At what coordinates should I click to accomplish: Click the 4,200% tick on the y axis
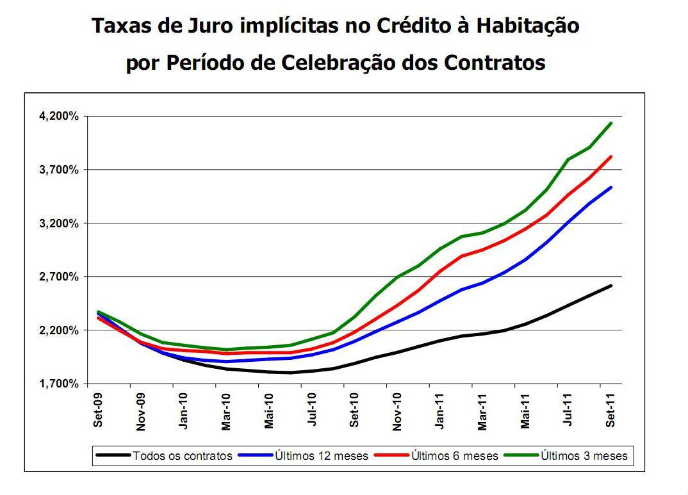pyautogui.click(x=60, y=116)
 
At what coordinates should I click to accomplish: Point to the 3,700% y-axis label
pyautogui.click(x=60, y=170)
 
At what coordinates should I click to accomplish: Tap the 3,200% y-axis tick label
pyautogui.click(x=60, y=223)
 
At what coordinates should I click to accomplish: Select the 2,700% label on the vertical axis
pyautogui.click(x=60, y=277)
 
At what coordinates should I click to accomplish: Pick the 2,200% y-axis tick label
pyautogui.click(x=60, y=330)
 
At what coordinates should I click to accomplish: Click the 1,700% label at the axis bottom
pyautogui.click(x=60, y=384)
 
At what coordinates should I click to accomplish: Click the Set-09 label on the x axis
pyautogui.click(x=98, y=410)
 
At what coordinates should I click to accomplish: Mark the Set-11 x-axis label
pyautogui.click(x=611, y=410)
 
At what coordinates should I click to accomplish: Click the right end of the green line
pyautogui.click(x=611, y=123)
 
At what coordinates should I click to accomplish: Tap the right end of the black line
pyautogui.click(x=611, y=286)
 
